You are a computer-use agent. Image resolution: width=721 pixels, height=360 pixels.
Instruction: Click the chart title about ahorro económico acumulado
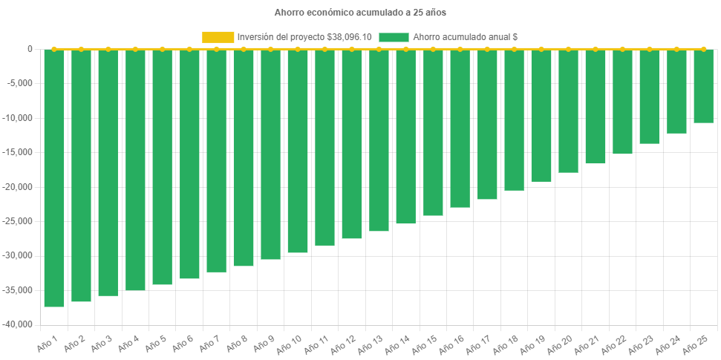click(x=360, y=13)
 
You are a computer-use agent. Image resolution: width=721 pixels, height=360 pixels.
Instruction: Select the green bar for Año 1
click(x=54, y=178)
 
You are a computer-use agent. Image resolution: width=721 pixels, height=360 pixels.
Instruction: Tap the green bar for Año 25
click(x=703, y=86)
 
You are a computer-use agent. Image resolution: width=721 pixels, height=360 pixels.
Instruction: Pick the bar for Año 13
click(x=379, y=140)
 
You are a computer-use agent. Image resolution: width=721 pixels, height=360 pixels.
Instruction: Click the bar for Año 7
click(x=216, y=160)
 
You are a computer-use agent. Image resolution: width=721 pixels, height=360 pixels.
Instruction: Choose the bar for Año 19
click(x=541, y=115)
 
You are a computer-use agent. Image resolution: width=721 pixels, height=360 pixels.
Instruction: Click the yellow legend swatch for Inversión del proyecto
click(x=218, y=36)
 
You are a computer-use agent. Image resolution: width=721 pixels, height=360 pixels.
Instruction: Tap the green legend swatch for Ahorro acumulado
click(x=394, y=36)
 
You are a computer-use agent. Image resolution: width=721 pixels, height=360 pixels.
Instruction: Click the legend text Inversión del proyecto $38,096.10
click(x=304, y=36)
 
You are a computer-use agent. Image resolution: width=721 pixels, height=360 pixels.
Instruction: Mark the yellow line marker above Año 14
click(x=406, y=49)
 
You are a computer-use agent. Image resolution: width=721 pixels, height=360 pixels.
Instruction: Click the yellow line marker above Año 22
click(x=622, y=49)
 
